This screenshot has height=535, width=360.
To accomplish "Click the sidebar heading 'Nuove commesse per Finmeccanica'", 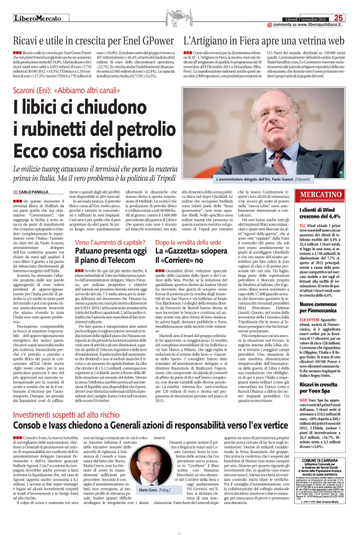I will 325,290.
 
